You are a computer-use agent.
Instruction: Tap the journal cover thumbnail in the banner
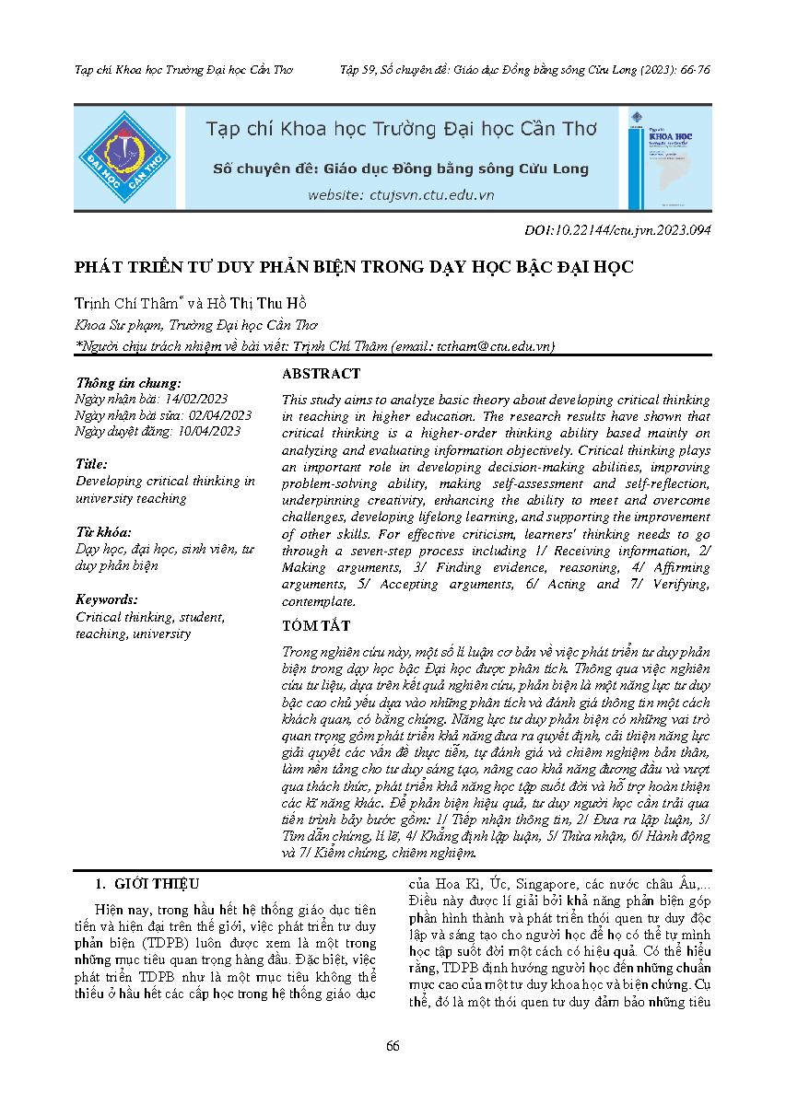tap(667, 157)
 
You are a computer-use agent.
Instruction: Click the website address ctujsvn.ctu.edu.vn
tap(401, 194)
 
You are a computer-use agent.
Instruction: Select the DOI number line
tap(616, 231)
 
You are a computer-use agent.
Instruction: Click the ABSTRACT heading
tap(321, 374)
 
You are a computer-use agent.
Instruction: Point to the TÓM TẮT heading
tap(315, 626)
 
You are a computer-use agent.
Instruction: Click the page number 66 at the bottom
tap(393, 1046)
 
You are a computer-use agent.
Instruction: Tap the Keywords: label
tap(107, 599)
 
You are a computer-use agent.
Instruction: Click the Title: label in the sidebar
tap(92, 464)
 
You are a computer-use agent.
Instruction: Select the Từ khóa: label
tap(104, 532)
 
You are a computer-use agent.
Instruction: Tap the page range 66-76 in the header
tap(692, 70)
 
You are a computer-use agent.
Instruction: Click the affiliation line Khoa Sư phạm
tap(196, 325)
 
